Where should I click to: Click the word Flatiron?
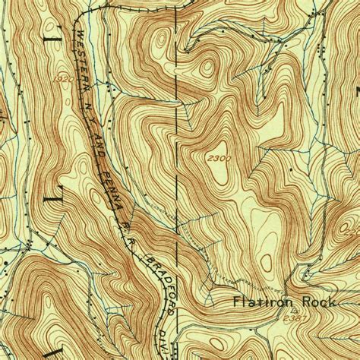(259, 302)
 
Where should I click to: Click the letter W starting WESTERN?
(79, 34)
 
